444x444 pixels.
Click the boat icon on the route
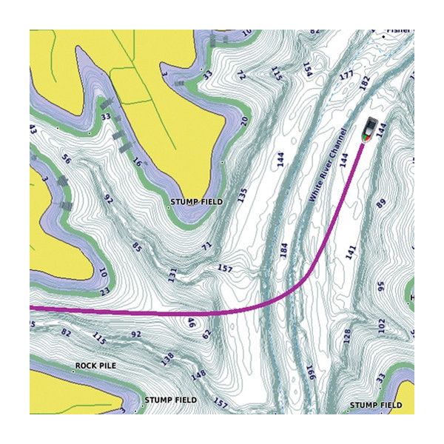point(370,130)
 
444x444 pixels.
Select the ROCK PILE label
point(95,366)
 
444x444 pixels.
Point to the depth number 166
point(310,373)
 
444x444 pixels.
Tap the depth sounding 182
point(364,83)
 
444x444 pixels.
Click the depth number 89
point(382,202)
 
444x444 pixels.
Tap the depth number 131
point(172,275)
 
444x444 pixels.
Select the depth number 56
point(67,160)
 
